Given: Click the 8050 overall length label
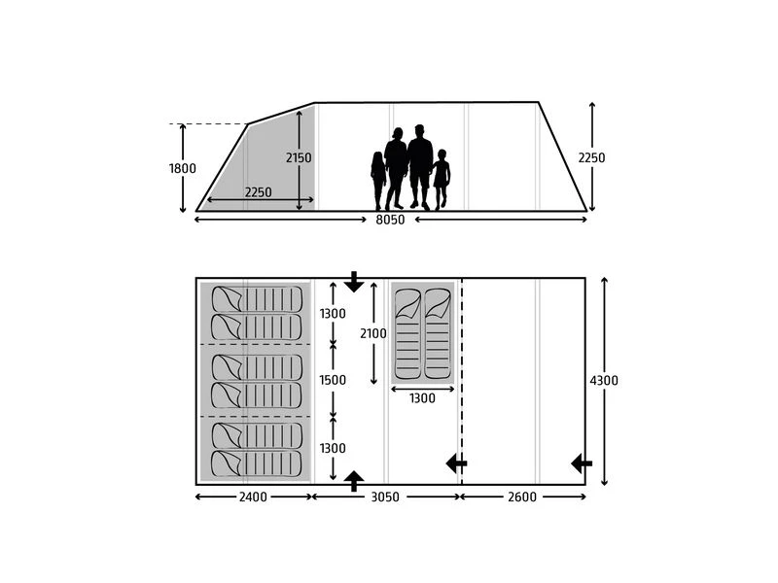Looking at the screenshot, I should pyautogui.click(x=391, y=220).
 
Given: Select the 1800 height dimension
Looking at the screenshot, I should pyautogui.click(x=182, y=168).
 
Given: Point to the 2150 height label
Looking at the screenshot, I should pyautogui.click(x=299, y=157).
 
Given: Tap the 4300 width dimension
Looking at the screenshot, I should pyautogui.click(x=604, y=380).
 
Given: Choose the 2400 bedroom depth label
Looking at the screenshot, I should pyautogui.click(x=255, y=497).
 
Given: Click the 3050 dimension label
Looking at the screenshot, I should pyautogui.click(x=386, y=497).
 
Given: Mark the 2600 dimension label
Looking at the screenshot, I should pyautogui.click(x=522, y=497).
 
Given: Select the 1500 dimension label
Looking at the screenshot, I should pyautogui.click(x=333, y=380).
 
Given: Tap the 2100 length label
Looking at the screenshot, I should pyautogui.click(x=372, y=333).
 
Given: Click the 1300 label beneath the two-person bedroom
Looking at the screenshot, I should pyautogui.click(x=422, y=397).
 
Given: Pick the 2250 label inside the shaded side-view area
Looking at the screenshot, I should pyautogui.click(x=258, y=192).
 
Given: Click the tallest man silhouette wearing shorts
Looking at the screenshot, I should pyautogui.click(x=420, y=167).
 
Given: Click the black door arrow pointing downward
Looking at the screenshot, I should pyautogui.click(x=354, y=282).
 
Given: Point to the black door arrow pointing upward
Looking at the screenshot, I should pyautogui.click(x=354, y=479).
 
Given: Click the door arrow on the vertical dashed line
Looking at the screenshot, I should pyautogui.click(x=456, y=463).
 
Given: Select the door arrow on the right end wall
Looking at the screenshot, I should pyautogui.click(x=582, y=463).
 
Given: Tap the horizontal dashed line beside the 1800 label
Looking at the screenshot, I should pyautogui.click(x=209, y=124).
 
